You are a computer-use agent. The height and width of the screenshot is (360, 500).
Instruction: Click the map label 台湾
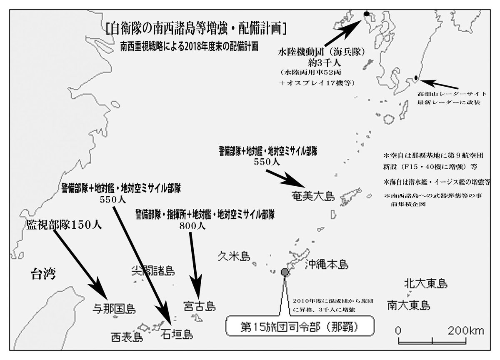43,275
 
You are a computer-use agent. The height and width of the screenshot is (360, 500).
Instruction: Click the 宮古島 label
199,307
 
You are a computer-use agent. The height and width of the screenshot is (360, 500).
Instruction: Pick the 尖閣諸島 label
152,271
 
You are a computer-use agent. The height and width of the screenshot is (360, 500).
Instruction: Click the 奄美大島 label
314,196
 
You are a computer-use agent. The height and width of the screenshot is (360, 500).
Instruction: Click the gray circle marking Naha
285,272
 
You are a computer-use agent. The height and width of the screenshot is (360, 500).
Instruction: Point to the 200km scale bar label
466,331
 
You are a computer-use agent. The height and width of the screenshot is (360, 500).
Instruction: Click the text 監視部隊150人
62,225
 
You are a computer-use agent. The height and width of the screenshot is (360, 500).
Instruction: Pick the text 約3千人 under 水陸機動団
322,64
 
